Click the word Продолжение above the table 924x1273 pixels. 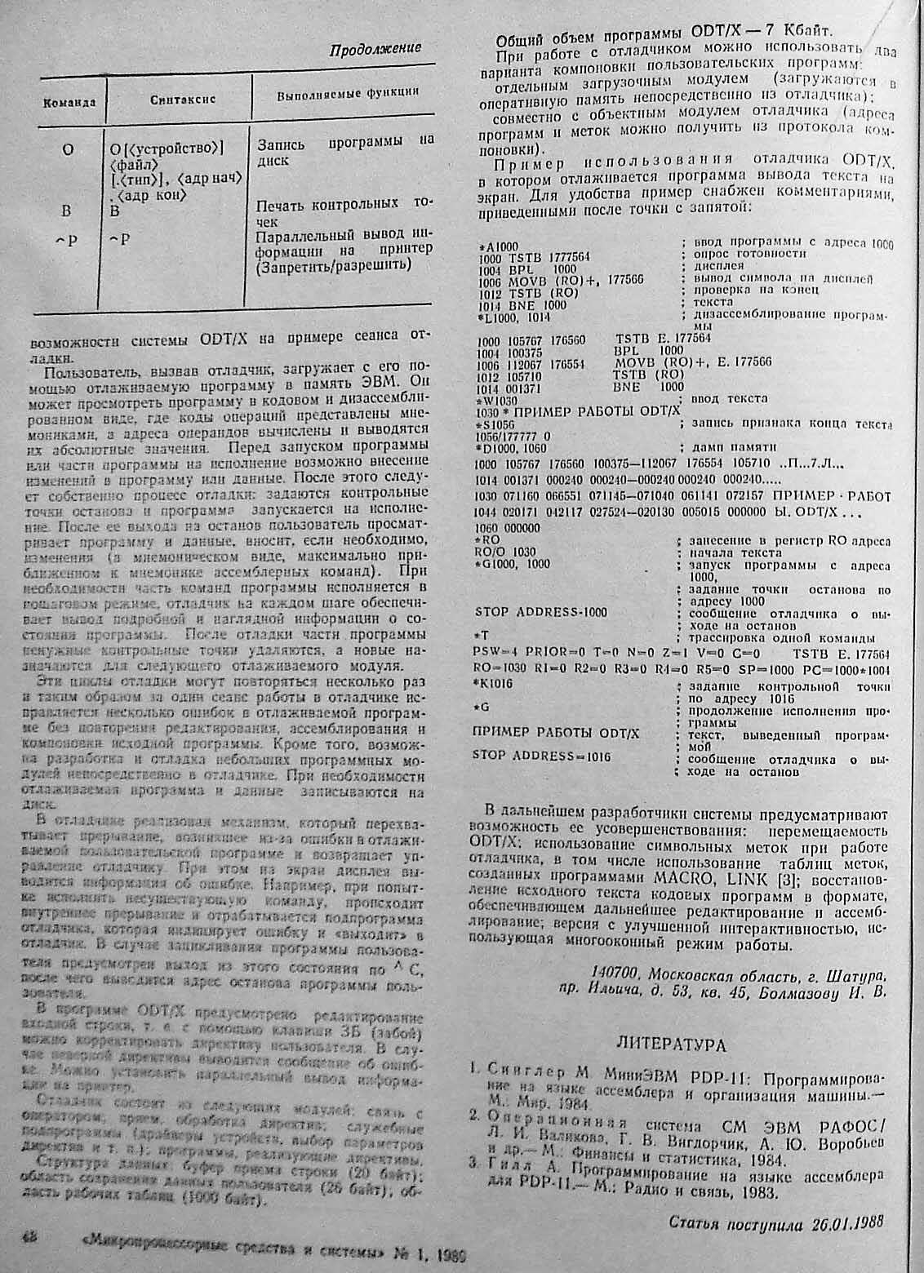tap(375, 49)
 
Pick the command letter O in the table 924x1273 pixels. tap(68, 149)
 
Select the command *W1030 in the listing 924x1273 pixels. tap(500, 401)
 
